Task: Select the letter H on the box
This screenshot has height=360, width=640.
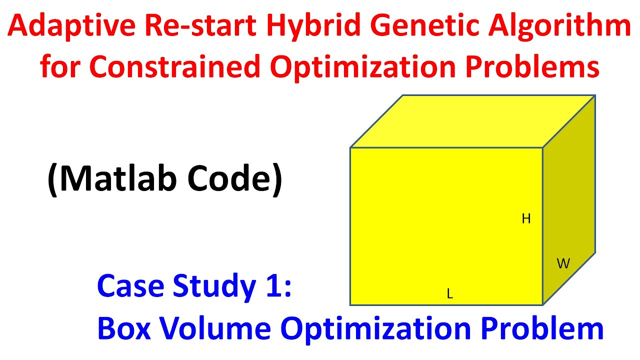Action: click(x=526, y=219)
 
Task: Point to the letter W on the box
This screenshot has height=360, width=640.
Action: click(x=563, y=264)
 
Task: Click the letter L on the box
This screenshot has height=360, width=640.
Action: click(x=449, y=294)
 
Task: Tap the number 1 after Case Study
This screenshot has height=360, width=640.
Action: click(x=271, y=286)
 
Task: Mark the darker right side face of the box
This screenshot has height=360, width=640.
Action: click(x=569, y=200)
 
